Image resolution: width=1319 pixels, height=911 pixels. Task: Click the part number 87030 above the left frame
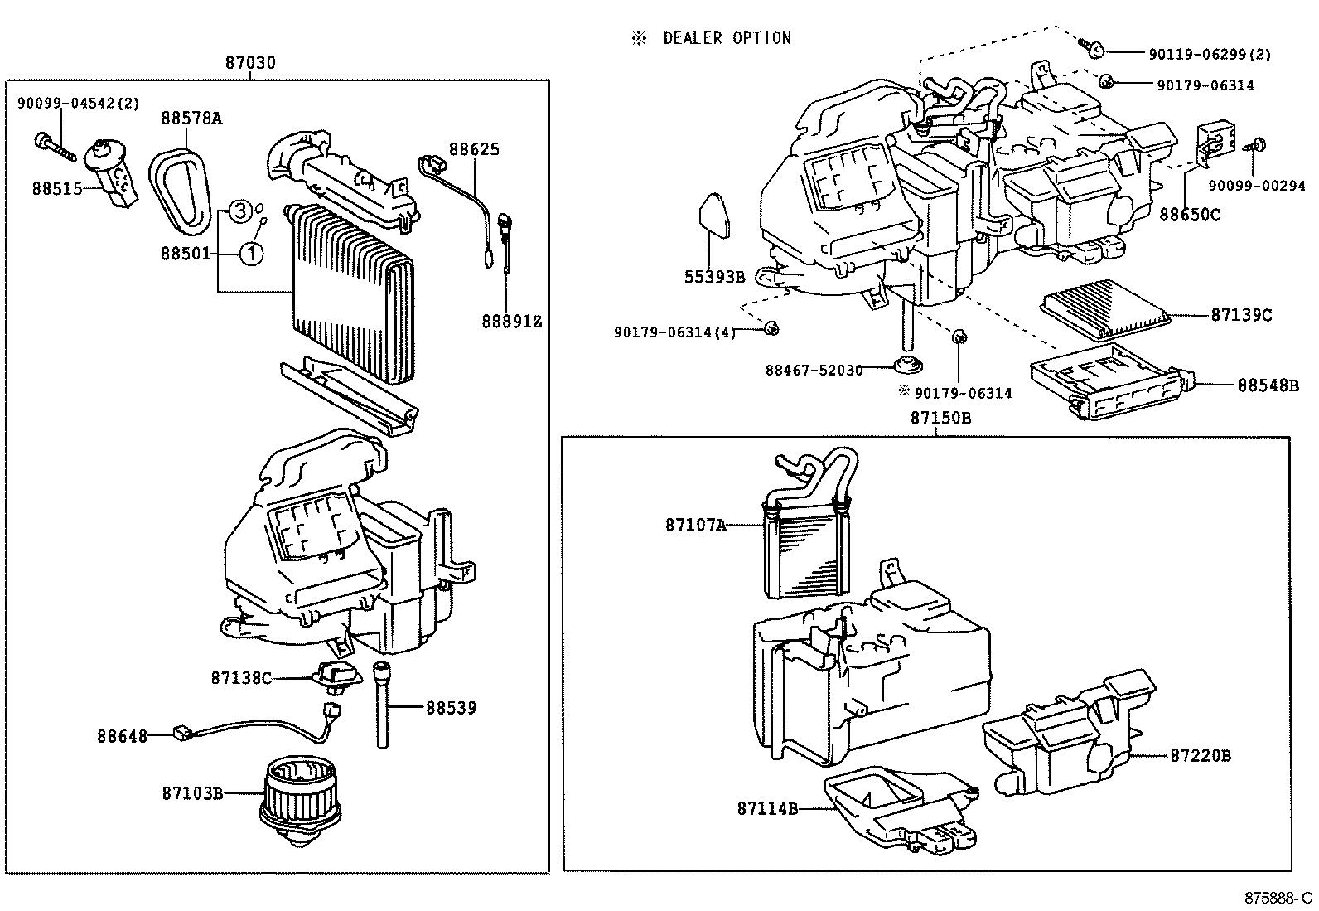(250, 63)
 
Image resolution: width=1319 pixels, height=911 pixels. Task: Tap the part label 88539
(452, 708)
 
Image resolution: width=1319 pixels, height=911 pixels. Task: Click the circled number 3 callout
(239, 211)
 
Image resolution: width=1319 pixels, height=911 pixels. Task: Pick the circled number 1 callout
(252, 253)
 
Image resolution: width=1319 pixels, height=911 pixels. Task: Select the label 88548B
(1268, 385)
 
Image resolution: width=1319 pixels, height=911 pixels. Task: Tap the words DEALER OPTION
(727, 38)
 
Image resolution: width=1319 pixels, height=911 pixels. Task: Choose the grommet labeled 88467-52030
(909, 366)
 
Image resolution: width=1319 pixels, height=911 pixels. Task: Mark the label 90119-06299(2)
(1210, 55)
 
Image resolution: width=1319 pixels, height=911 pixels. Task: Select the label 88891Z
(512, 321)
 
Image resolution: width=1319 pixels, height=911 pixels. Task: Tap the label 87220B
(1201, 756)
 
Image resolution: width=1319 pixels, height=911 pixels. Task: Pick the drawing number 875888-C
(1278, 899)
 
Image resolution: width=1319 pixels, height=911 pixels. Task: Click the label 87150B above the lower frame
(940, 419)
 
